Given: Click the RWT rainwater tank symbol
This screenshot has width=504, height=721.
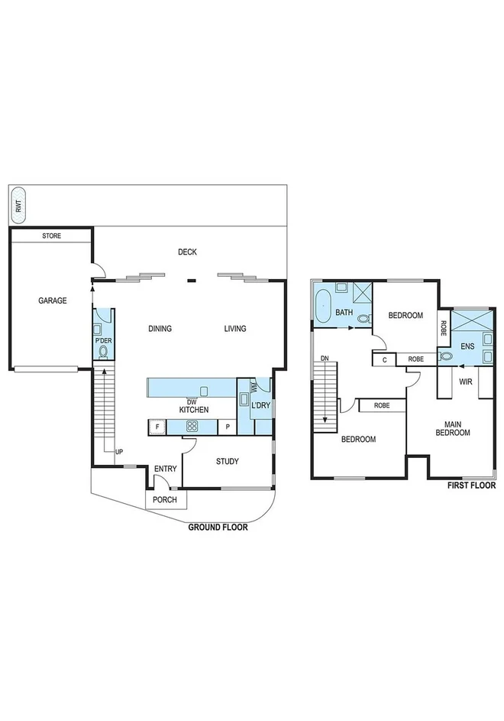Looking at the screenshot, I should click(x=18, y=205).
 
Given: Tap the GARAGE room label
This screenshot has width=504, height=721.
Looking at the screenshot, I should click(x=53, y=300).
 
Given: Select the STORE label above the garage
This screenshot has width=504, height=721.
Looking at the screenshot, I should click(x=51, y=236).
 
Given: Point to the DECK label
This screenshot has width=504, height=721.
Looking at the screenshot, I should click(x=187, y=252).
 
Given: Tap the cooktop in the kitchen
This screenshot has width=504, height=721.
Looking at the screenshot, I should click(x=192, y=427).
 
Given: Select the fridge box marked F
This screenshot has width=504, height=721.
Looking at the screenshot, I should click(x=157, y=427).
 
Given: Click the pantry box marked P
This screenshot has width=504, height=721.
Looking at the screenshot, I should click(x=228, y=427).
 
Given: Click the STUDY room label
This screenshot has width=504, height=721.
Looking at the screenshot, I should click(x=227, y=461).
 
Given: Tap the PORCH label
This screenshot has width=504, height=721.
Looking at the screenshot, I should click(x=165, y=500).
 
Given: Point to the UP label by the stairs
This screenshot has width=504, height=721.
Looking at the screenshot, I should click(x=118, y=452).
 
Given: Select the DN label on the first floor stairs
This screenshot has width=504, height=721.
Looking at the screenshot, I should click(x=325, y=358).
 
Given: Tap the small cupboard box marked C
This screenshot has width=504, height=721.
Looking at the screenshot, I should click(x=384, y=358).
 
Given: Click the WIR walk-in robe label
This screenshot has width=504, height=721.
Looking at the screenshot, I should click(x=464, y=380).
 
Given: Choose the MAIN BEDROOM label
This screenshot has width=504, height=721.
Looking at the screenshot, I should click(x=458, y=427).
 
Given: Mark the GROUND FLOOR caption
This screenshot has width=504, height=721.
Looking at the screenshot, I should click(x=218, y=527).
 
